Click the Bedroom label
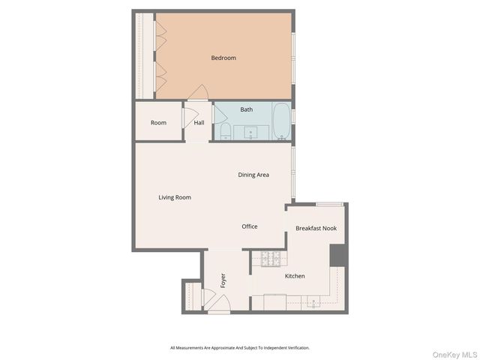click(223, 58)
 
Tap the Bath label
click(246, 109)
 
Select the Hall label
click(199, 123)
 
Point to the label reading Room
click(158, 123)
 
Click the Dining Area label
click(253, 175)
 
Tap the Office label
click(250, 226)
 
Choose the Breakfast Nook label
click(316, 228)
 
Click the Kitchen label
click(295, 276)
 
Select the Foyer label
click(223, 280)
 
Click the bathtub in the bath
click(280, 122)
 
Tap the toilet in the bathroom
click(225, 132)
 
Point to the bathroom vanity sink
click(250, 133)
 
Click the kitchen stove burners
click(270, 259)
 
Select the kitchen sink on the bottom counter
click(311, 303)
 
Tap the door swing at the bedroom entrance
click(198, 93)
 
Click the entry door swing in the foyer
click(218, 304)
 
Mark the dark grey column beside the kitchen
click(338, 255)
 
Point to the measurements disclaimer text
click(239, 347)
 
